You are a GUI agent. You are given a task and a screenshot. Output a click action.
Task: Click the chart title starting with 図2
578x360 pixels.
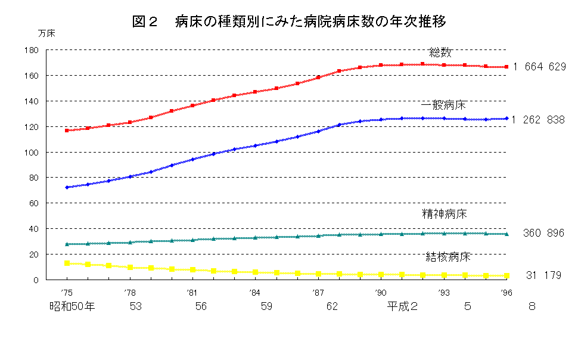pos(289,22)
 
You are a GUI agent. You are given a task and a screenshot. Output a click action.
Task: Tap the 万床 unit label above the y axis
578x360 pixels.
pos(46,34)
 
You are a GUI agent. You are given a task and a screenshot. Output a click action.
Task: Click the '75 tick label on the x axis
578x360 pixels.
pos(67,293)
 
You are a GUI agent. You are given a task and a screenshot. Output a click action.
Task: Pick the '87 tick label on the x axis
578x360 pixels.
pos(318,293)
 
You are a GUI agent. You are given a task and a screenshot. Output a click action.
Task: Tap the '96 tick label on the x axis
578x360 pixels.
pos(506,293)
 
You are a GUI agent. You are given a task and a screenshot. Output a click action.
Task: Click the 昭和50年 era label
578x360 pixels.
pos(72,307)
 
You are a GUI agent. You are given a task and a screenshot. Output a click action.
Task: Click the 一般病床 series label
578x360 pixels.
pos(443,105)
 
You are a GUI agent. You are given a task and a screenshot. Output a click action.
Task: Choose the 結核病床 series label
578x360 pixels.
pos(448,257)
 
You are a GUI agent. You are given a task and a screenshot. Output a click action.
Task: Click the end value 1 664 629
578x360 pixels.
pos(539,67)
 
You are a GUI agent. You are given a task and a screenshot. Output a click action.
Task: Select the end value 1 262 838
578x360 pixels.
pos(538,120)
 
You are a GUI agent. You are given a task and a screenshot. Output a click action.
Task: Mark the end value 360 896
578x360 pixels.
pos(543,233)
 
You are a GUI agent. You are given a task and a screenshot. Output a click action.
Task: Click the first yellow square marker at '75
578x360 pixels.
pos(67,263)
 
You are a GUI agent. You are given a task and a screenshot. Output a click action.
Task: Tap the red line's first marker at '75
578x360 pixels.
pos(67,130)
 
